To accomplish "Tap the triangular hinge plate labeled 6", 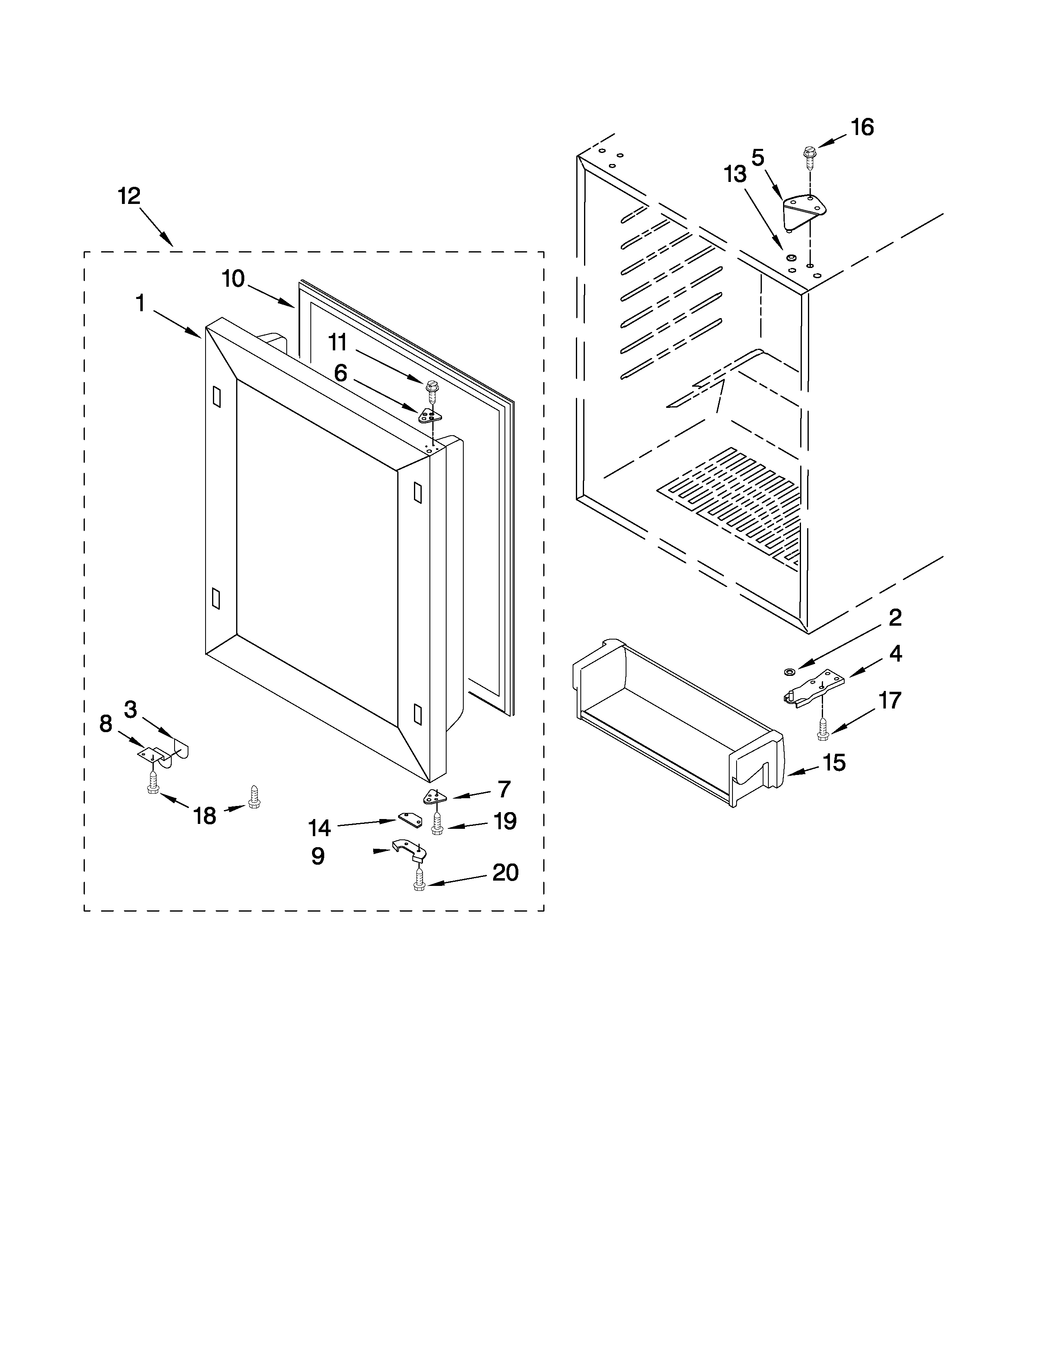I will [430, 416].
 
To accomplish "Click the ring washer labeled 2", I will [789, 669].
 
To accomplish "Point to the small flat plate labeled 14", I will [410, 819].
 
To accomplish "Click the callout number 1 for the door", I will [140, 303].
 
